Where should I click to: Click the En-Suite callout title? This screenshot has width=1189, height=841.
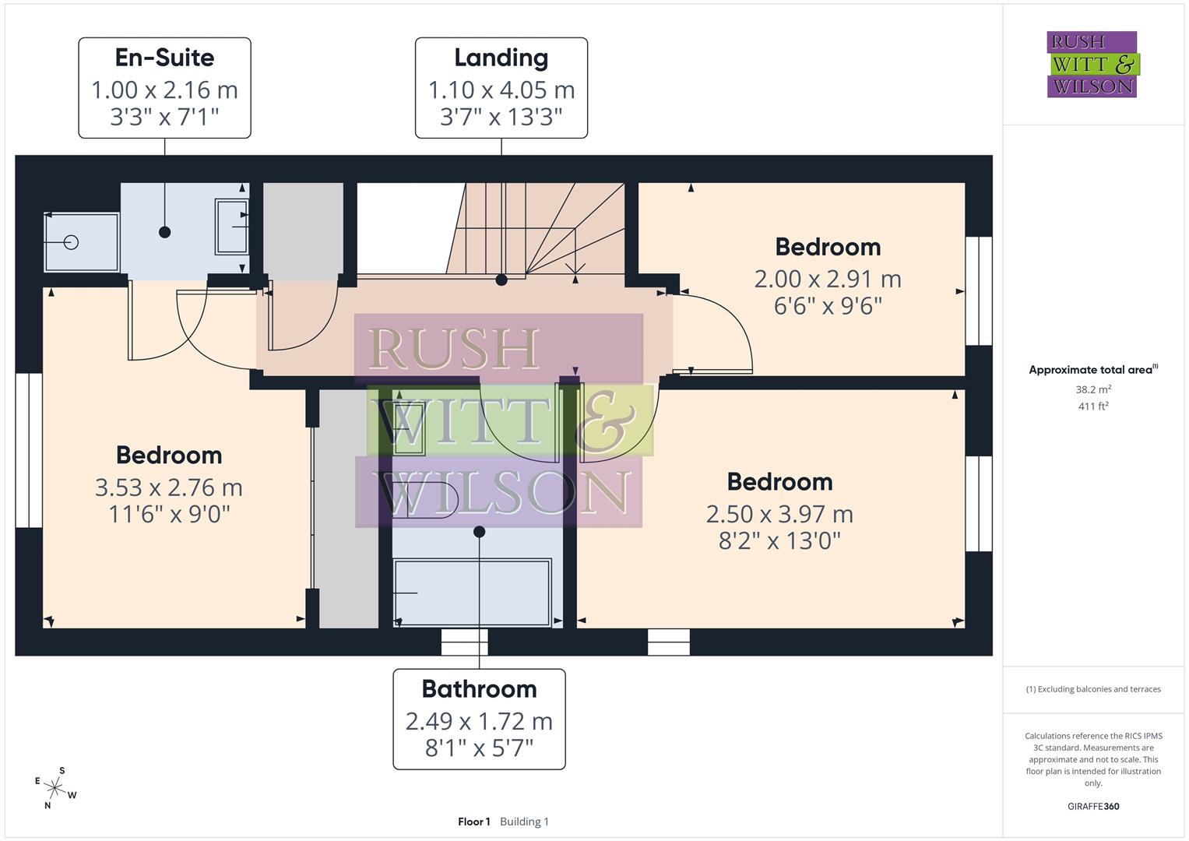tap(164, 58)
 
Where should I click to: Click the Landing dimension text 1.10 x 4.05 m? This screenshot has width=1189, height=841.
tap(501, 90)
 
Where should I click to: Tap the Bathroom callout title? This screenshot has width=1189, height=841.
tap(479, 689)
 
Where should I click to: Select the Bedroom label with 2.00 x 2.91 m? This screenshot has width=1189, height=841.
tap(828, 247)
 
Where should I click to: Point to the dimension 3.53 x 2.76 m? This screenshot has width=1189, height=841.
tap(169, 487)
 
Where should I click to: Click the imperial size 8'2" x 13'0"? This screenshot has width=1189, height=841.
tap(779, 540)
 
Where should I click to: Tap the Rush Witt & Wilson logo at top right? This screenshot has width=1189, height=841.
tap(1092, 65)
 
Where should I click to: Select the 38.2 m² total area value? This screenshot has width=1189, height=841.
tap(1093, 389)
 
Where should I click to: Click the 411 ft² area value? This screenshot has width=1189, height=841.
tap(1093, 406)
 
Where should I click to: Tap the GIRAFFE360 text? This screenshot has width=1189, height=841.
tap(1093, 807)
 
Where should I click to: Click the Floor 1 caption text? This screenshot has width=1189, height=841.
tap(473, 822)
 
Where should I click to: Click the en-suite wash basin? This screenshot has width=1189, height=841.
tap(232, 226)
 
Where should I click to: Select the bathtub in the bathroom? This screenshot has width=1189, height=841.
tap(472, 592)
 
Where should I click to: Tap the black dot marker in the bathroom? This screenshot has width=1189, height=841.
tap(480, 532)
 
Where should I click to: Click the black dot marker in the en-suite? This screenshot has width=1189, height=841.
tap(164, 232)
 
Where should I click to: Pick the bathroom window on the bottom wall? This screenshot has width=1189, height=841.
tap(465, 642)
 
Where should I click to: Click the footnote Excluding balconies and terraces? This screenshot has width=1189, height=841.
tap(1093, 689)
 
